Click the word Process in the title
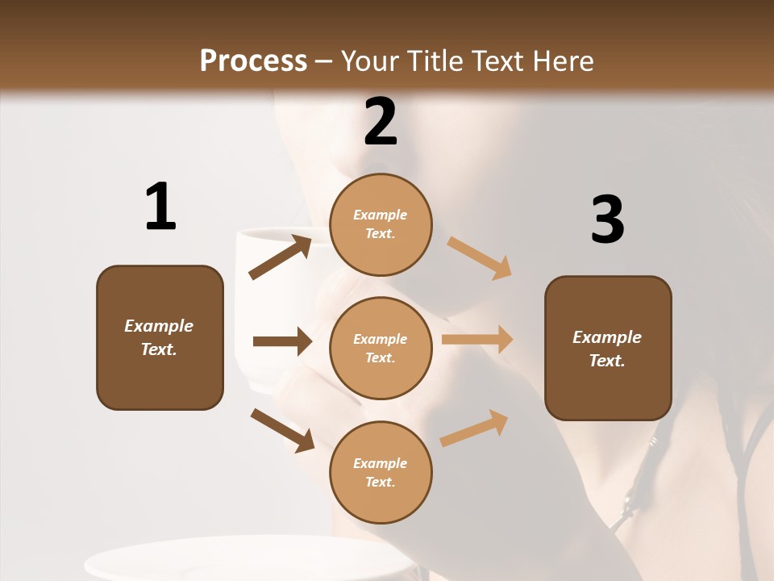tap(253, 61)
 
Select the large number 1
tap(160, 207)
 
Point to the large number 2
tap(381, 122)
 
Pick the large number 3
tap(607, 220)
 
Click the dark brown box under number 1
tap(160, 337)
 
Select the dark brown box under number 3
tap(608, 348)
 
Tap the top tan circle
tap(381, 224)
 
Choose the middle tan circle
tap(381, 348)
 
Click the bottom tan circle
tap(381, 472)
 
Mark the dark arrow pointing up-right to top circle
tap(280, 257)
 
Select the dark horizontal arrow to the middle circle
tap(282, 341)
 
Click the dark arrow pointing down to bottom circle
tap(282, 429)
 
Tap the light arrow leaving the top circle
tap(479, 258)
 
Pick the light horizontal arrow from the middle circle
tap(477, 340)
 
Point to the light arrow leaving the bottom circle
tap(474, 428)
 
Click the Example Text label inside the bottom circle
tap(381, 472)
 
